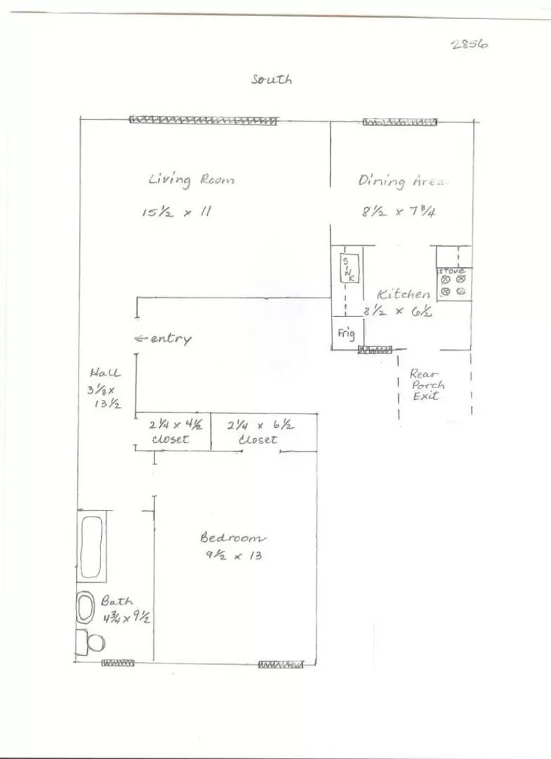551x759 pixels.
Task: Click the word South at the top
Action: (x=271, y=79)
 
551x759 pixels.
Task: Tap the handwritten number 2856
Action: (x=470, y=44)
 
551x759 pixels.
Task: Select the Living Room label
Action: (x=192, y=180)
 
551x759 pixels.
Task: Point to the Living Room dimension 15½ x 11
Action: (x=177, y=212)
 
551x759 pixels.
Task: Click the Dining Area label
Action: (x=402, y=181)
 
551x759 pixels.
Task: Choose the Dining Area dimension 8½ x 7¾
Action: (x=399, y=212)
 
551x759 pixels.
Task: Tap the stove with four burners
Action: (x=454, y=284)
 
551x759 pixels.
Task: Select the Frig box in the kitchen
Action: (x=347, y=333)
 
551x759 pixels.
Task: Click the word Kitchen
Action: (x=403, y=294)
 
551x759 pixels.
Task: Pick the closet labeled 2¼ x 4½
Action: (x=173, y=432)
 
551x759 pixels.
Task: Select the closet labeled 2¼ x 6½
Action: (x=264, y=433)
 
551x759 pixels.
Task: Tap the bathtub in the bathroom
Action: (x=91, y=547)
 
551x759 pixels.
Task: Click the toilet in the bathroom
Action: (x=91, y=643)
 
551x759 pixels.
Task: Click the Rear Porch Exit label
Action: (x=426, y=385)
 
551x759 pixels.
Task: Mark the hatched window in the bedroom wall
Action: (x=281, y=665)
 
